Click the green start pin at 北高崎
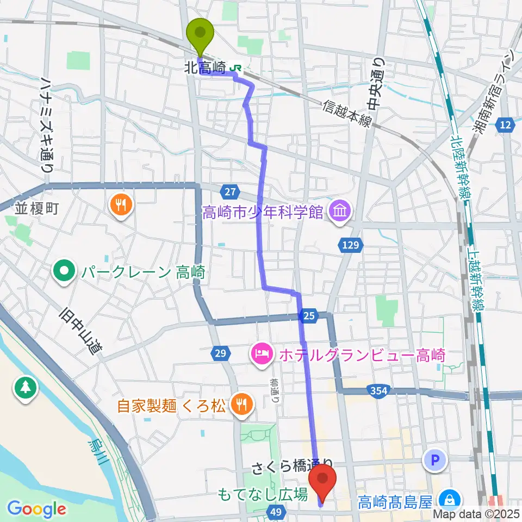(x=201, y=34)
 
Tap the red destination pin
(x=322, y=479)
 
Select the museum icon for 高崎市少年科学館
(x=340, y=210)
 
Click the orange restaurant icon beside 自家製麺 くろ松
(x=239, y=404)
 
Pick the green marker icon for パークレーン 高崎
(x=65, y=271)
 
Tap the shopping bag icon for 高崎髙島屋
(x=450, y=499)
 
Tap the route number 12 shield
(x=505, y=126)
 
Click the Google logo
(x=37, y=508)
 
